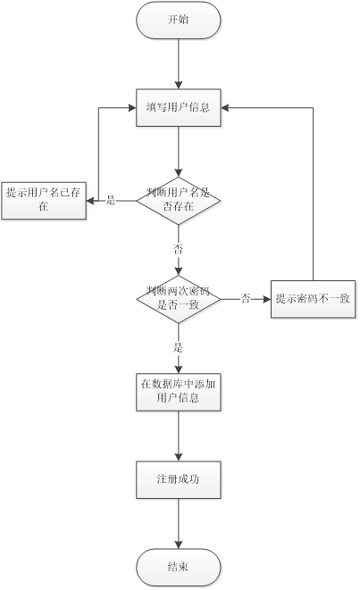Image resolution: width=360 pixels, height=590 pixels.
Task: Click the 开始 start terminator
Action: [x=179, y=21]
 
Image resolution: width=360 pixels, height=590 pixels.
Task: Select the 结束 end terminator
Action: [x=179, y=567]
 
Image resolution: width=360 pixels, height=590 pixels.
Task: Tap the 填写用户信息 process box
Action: [x=179, y=108]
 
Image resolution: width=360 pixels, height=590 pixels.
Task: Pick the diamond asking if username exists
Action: [x=179, y=199]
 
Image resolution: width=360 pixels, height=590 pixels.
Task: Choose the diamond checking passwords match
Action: [x=179, y=297]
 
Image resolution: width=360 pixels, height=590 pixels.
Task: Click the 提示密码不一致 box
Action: [x=313, y=298]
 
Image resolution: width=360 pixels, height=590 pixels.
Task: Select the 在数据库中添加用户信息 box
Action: [x=179, y=391]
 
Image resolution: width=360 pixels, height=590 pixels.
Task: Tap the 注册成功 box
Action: [x=179, y=479]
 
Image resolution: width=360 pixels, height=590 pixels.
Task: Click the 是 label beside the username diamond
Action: [x=111, y=200]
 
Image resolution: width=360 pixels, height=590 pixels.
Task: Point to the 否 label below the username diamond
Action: [x=179, y=248]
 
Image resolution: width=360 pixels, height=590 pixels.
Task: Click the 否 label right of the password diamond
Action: [x=246, y=298]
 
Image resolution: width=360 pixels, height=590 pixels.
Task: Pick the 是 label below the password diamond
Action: [x=179, y=346]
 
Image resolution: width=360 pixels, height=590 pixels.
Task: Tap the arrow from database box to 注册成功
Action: [x=179, y=436]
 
